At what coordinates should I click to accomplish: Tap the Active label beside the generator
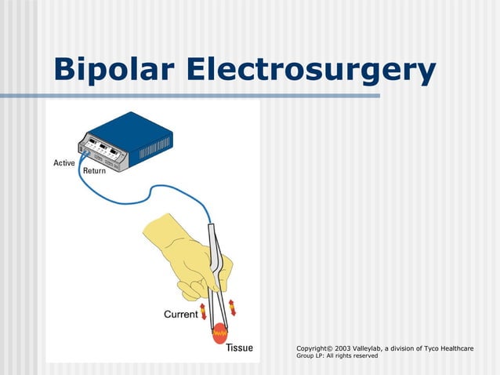pos(64,163)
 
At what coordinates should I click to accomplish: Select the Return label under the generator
pos(94,171)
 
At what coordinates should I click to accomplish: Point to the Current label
pos(180,315)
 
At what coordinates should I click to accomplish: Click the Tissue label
pos(239,348)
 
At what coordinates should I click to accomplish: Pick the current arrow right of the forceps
pos(232,307)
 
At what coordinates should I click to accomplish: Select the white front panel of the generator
pos(107,151)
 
